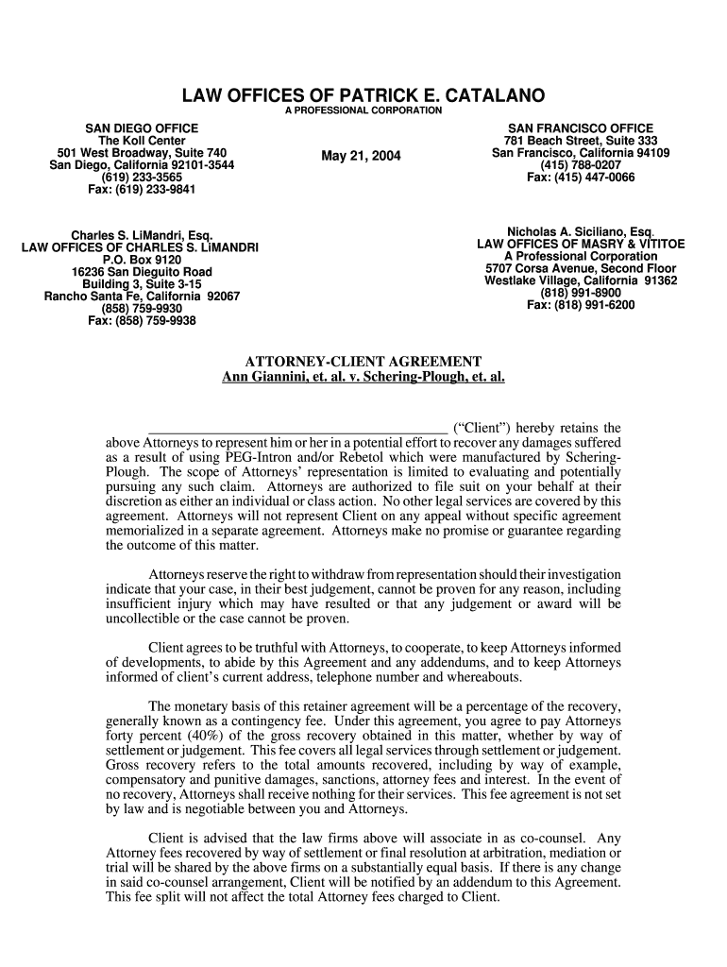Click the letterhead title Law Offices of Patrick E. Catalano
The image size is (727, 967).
pyautogui.click(x=363, y=96)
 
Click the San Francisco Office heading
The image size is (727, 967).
pyautogui.click(x=581, y=128)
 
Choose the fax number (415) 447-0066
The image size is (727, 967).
pyautogui.click(x=581, y=178)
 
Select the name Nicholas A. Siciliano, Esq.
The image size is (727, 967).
pyautogui.click(x=581, y=231)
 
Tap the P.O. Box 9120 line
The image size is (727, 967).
pyautogui.click(x=142, y=260)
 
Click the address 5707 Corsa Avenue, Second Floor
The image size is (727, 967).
pyautogui.click(x=581, y=268)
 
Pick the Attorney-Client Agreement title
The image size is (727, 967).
pyautogui.click(x=363, y=362)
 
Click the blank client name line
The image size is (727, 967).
pyautogui.click(x=297, y=427)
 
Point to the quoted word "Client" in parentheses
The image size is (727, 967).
pyautogui.click(x=482, y=428)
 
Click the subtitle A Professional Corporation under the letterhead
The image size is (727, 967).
pyautogui.click(x=363, y=111)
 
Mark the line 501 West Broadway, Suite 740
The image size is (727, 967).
pyautogui.click(x=142, y=153)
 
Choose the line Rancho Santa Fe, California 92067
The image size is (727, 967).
pyautogui.click(x=142, y=297)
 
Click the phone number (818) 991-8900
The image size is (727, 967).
pyautogui.click(x=581, y=293)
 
